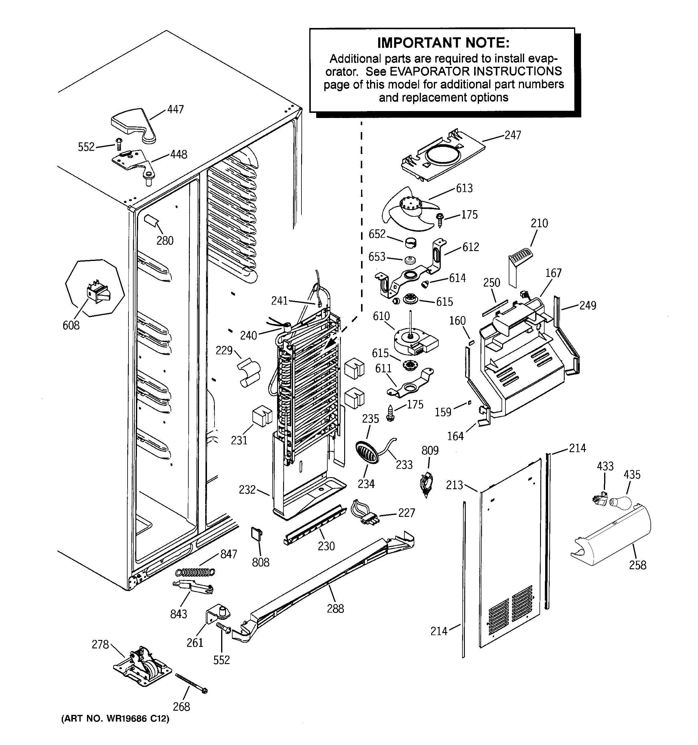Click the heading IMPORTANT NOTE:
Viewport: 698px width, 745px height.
coord(443,43)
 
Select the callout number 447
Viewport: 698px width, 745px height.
coord(175,110)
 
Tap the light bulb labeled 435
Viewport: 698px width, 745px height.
coord(619,501)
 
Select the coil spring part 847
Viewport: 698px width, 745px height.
coord(195,572)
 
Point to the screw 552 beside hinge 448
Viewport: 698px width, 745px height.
coord(119,144)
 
